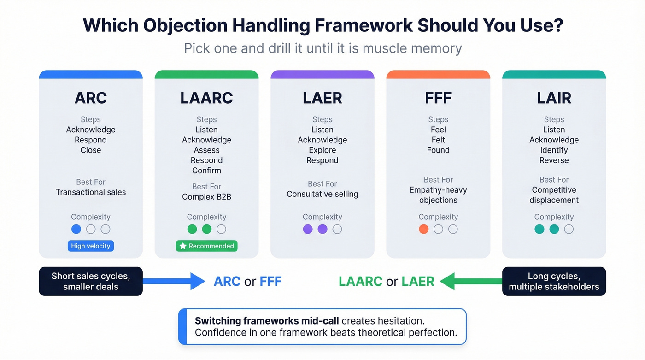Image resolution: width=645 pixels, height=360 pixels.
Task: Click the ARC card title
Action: click(91, 98)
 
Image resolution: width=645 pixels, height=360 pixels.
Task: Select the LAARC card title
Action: click(206, 98)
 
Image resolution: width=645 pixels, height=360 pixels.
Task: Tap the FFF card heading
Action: click(438, 98)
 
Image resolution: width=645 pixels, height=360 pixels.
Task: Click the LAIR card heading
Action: click(554, 98)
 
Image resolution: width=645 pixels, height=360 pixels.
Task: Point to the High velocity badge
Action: click(91, 246)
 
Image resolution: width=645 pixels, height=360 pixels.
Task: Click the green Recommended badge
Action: click(206, 246)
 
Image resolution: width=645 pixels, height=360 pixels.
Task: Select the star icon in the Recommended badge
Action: click(183, 246)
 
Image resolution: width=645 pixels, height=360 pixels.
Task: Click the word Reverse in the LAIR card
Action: click(554, 160)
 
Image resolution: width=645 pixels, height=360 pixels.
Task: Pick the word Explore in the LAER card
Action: click(322, 150)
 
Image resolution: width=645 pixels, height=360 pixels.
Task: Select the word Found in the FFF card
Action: click(438, 150)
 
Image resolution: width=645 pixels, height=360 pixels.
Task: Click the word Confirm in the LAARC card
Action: click(206, 171)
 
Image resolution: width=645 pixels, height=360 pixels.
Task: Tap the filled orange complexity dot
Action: click(423, 229)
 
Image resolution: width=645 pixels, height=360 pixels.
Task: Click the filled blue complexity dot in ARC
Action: click(76, 229)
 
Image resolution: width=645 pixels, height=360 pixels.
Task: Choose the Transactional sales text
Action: click(91, 192)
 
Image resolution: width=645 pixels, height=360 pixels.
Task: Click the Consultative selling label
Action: click(322, 194)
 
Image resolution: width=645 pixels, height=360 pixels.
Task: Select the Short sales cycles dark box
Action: click(91, 282)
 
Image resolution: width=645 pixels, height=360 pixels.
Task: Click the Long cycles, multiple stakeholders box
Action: click(554, 282)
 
